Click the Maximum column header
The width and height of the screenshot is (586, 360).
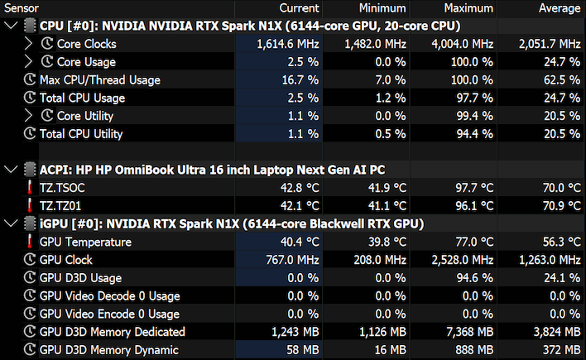(x=468, y=8)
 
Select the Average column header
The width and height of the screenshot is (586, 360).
(x=560, y=8)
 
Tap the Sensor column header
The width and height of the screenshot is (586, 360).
(x=22, y=8)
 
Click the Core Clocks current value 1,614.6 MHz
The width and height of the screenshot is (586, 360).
(x=288, y=44)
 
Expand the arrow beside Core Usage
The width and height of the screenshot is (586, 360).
(x=28, y=62)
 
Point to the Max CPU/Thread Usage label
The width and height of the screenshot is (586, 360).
(x=100, y=80)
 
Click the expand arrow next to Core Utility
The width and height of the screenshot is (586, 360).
(x=28, y=116)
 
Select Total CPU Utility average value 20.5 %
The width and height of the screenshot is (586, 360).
(x=562, y=134)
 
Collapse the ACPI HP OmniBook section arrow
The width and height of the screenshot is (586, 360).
(x=12, y=170)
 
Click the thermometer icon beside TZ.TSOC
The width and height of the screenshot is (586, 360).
(x=30, y=188)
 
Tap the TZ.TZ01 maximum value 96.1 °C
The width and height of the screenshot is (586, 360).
(x=474, y=205)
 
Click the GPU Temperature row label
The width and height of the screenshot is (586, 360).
(x=85, y=242)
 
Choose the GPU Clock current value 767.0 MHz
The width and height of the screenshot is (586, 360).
(x=293, y=260)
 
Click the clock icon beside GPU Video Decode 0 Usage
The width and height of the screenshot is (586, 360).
(x=30, y=295)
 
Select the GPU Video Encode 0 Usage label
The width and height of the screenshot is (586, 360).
(x=109, y=314)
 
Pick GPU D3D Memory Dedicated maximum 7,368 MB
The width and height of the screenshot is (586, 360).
(x=470, y=332)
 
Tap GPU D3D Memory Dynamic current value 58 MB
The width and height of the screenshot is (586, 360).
(x=303, y=350)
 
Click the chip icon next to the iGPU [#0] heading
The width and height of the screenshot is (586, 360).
(x=30, y=223)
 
